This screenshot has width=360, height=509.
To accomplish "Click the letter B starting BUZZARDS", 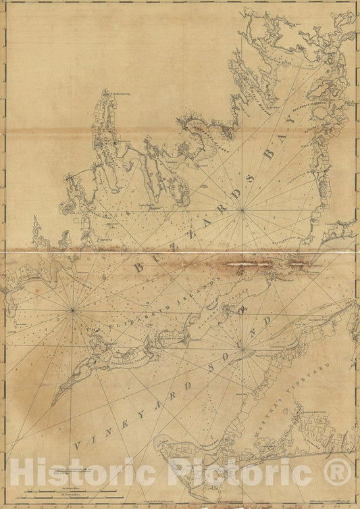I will pos(139,268).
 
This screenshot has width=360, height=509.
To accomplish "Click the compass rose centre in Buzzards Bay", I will pos(242,210).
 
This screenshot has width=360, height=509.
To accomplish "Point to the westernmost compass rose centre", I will pos(72,310).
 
